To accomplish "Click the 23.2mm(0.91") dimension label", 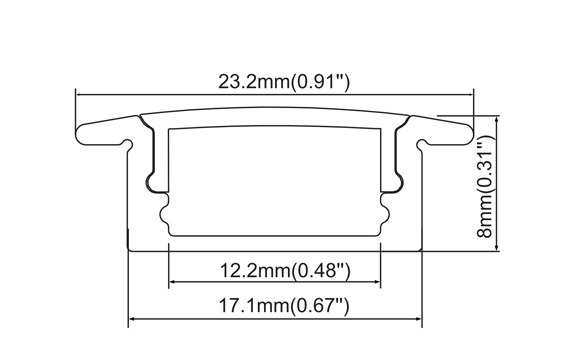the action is tap(284, 82).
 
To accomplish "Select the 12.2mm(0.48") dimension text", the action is tap(285, 271).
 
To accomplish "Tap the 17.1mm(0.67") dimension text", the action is tap(284, 306).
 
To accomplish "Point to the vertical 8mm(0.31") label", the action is tap(485, 186).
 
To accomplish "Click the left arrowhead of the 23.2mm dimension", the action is tap(78, 95).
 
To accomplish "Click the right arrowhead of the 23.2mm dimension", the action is tap(471, 95).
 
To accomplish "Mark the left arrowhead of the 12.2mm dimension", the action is tap(172, 282).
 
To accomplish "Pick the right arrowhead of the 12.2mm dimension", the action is tap(377, 282).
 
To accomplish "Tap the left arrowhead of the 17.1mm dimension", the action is tap(131, 319).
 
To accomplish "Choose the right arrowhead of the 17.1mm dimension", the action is tap(419, 319).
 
